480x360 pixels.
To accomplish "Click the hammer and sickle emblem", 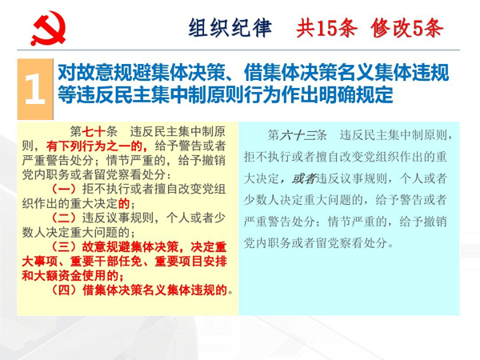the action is (48, 28).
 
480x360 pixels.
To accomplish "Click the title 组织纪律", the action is (230, 28).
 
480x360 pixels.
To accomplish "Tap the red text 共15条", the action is (326, 28).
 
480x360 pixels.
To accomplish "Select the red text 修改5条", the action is (407, 28).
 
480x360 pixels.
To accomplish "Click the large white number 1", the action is (35, 89).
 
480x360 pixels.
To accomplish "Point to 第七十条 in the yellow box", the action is (94, 132).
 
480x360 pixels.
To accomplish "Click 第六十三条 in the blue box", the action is (298, 135).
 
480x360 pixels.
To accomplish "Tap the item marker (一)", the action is (64, 189).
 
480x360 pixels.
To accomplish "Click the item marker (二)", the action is (64, 218).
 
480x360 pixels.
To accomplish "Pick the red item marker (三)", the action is (64, 246).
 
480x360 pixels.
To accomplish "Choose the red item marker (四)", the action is (64, 290).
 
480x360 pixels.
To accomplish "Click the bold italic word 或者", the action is (304, 178).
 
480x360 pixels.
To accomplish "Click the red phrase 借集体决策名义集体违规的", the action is (154, 290).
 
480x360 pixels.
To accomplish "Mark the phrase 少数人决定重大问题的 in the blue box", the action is (303, 200).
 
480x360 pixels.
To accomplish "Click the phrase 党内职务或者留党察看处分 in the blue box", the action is (315, 243).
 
